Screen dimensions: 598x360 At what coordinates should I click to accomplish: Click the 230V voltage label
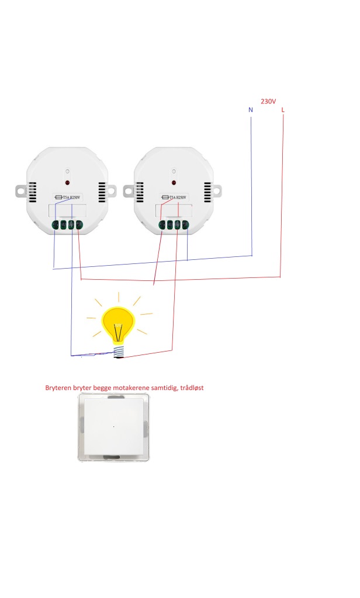(268, 101)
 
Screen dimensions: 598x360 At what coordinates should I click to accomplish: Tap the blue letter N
(251, 110)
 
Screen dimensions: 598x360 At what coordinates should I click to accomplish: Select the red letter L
(283, 110)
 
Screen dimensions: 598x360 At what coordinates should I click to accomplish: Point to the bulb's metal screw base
(119, 351)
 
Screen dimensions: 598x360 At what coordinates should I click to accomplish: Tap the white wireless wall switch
(114, 427)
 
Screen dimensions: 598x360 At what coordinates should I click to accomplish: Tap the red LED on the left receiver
(67, 182)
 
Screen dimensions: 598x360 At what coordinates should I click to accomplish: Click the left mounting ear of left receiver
(21, 190)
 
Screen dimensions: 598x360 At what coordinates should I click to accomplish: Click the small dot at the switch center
(113, 426)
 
